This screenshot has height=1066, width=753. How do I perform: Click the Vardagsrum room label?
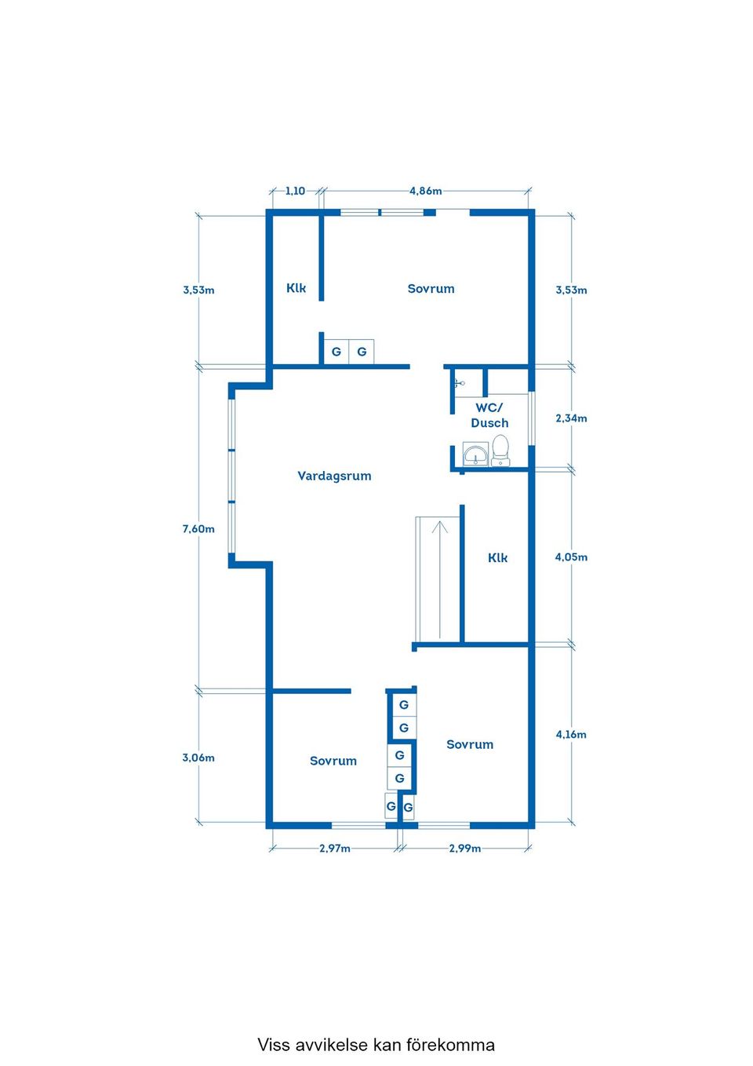334,476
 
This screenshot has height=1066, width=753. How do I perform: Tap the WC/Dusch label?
489,415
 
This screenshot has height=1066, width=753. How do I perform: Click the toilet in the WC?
500,451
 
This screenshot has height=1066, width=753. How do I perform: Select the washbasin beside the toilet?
475,454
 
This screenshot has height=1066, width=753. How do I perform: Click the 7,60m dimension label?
198,529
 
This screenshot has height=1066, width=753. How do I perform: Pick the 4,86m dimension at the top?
425,191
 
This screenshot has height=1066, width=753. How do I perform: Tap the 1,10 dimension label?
295,191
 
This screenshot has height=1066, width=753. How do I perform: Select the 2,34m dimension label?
571,418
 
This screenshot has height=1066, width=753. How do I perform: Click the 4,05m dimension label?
571,557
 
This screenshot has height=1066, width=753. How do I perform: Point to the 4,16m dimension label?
571,734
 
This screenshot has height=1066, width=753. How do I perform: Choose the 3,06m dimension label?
198,758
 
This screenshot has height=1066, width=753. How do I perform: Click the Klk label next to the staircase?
497,557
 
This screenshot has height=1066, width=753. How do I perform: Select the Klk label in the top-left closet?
296,288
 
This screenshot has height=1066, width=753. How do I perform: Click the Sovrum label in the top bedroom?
431,288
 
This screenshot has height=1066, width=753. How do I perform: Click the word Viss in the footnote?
273,1045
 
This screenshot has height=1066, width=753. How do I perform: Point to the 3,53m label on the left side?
198,290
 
